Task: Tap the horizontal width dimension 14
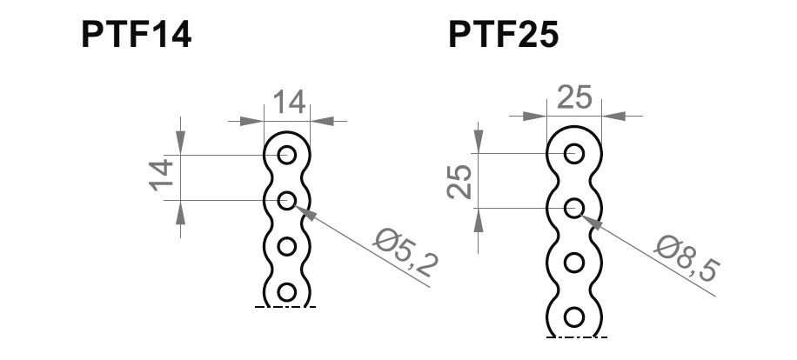click(x=288, y=103)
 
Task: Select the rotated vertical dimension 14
click(x=162, y=177)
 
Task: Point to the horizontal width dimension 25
click(x=573, y=97)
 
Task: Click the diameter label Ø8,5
click(x=686, y=257)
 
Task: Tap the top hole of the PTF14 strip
click(x=287, y=156)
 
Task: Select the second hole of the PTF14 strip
click(x=287, y=201)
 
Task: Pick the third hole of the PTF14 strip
click(x=287, y=246)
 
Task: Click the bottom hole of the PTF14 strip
click(x=287, y=291)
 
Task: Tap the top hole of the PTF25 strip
click(x=573, y=154)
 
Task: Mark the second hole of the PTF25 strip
click(x=573, y=208)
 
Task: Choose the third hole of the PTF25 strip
click(x=573, y=262)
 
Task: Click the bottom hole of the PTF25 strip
click(x=573, y=316)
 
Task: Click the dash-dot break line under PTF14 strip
click(x=285, y=307)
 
